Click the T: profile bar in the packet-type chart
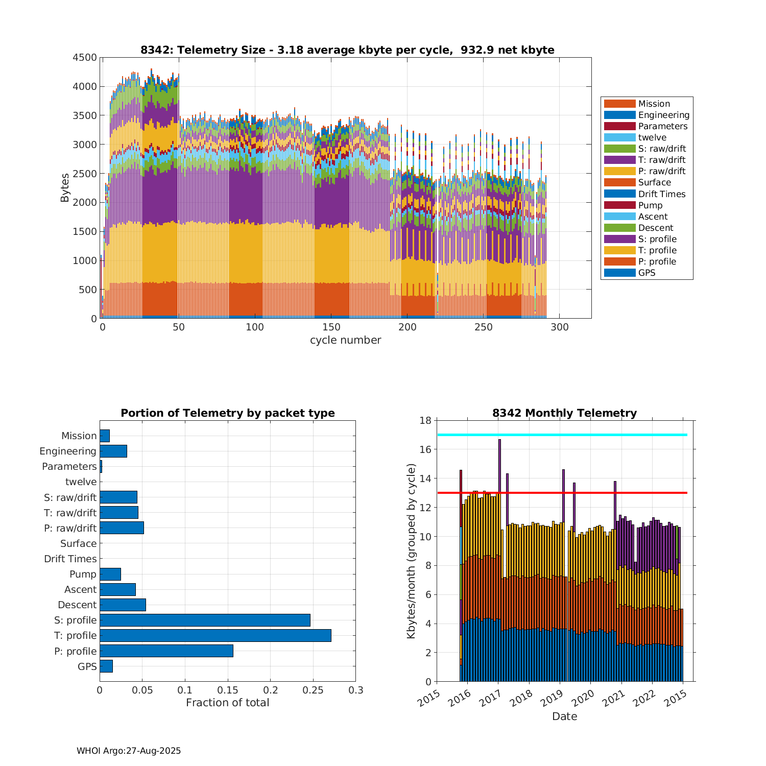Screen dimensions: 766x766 [x=215, y=635]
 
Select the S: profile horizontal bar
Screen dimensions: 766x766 [x=205, y=620]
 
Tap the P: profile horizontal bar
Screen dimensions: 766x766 [x=166, y=651]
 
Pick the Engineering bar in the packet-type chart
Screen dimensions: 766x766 [x=113, y=451]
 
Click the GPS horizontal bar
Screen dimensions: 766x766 [x=106, y=666]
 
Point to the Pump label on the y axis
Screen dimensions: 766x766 [x=83, y=574]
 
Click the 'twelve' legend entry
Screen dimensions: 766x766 [x=652, y=137]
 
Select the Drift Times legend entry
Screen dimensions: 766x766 [x=661, y=194]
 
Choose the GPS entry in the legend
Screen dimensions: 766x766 [x=647, y=273]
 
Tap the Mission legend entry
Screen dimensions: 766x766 [x=654, y=104]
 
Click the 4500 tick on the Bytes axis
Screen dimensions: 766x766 [x=84, y=58]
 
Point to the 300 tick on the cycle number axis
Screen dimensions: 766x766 [x=560, y=327]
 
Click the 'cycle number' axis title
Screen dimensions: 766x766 [x=345, y=340]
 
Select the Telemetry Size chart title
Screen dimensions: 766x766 [x=347, y=50]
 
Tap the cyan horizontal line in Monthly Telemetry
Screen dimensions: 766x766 [x=562, y=435]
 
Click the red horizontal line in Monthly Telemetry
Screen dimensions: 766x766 [x=562, y=493]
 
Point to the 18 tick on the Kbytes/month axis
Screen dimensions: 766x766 [x=425, y=420]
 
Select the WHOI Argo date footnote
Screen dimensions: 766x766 [x=129, y=751]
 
